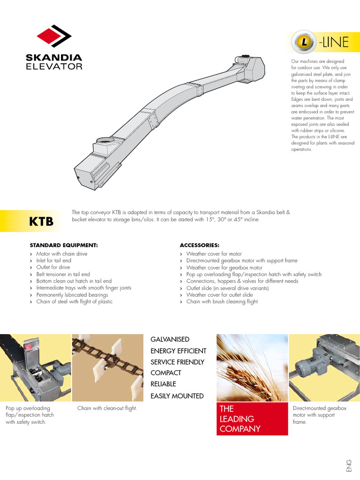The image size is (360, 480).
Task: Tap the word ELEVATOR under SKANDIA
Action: [54, 67]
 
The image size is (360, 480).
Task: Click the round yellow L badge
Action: [304, 42]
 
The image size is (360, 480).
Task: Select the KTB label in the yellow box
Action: [42, 221]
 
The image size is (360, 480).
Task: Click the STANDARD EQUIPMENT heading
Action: [64, 245]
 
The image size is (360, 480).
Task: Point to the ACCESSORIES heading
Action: [200, 245]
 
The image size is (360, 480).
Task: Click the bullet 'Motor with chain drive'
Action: [62, 254]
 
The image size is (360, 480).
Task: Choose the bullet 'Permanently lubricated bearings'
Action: [72, 295]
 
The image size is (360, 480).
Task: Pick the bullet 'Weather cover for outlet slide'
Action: [219, 295]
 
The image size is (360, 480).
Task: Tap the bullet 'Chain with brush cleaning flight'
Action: [222, 302]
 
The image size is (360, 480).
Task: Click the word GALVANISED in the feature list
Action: [170, 339]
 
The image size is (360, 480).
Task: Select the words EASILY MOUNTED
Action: [177, 396]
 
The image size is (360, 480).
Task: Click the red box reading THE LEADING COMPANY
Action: [252, 419]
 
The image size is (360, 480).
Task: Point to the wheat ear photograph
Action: [252, 368]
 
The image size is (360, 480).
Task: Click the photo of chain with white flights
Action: [107, 368]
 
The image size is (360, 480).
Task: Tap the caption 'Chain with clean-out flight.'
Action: [107, 408]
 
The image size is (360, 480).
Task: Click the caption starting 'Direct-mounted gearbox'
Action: [319, 415]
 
